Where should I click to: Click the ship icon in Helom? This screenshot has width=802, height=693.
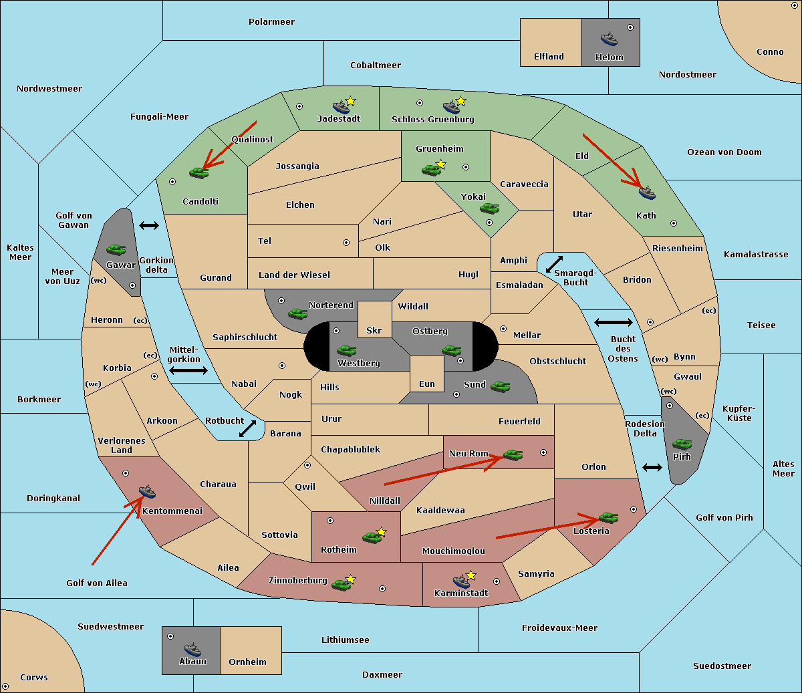[x=609, y=39]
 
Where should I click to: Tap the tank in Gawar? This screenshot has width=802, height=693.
[x=116, y=250]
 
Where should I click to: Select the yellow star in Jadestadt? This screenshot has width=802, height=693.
[x=350, y=101]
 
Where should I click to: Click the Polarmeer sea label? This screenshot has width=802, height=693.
[x=271, y=22]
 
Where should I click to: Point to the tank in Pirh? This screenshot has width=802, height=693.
[x=682, y=444]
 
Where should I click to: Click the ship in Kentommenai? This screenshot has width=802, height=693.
[x=148, y=491]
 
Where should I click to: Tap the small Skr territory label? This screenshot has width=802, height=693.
[x=374, y=330]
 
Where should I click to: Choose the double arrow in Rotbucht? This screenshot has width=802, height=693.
[x=247, y=428]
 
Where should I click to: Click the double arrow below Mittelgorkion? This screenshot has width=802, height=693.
[x=188, y=370]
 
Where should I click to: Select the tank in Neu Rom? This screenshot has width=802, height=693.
[x=513, y=454]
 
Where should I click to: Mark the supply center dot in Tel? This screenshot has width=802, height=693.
[x=346, y=243]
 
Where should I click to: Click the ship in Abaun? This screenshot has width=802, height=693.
[x=192, y=650]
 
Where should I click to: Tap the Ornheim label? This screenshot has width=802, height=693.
[x=247, y=662]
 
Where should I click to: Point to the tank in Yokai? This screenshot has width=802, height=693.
[x=489, y=209]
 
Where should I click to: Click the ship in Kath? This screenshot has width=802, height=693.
[x=647, y=192]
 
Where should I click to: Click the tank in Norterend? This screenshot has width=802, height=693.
[x=297, y=314]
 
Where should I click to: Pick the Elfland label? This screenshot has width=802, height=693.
[x=549, y=57]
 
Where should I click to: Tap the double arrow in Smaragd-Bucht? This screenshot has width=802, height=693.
[x=554, y=264]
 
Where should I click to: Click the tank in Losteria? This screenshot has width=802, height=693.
[x=608, y=518]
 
